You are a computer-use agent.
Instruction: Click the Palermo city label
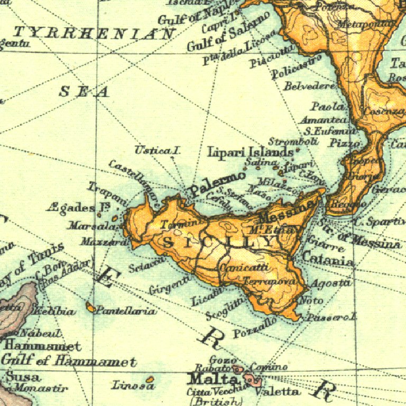[218, 182]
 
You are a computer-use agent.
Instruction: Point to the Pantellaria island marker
[90, 307]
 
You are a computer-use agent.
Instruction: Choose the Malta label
[213, 379]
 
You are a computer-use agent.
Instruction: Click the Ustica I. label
[158, 150]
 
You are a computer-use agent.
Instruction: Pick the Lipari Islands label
[250, 152]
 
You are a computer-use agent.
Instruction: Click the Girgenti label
[170, 285]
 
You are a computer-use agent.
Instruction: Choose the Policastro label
[297, 68]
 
